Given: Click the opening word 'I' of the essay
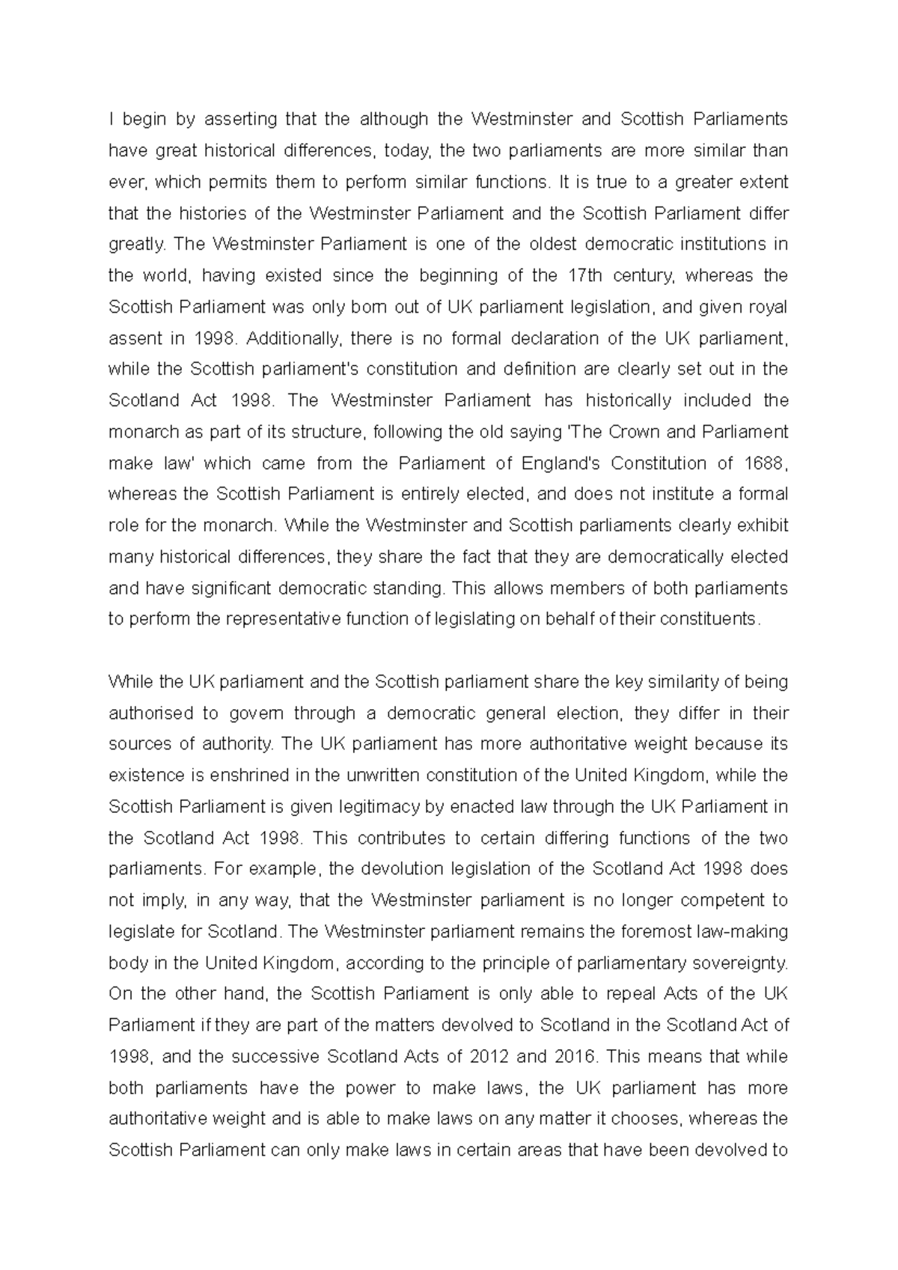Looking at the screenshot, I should [x=111, y=119].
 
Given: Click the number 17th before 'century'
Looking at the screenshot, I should [x=584, y=275].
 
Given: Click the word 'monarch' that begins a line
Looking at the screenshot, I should [x=133, y=432].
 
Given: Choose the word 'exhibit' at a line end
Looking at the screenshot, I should [x=763, y=525].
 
